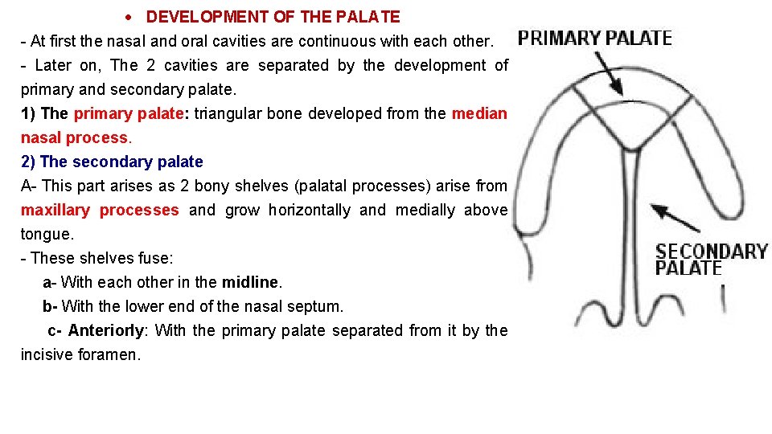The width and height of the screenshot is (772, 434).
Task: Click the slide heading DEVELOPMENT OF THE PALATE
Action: (273, 17)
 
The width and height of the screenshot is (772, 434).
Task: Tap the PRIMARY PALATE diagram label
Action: (594, 37)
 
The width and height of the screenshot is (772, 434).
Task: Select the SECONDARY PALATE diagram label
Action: (711, 260)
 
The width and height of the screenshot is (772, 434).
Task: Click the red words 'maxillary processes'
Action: (100, 210)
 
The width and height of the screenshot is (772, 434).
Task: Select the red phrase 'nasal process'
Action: (74, 137)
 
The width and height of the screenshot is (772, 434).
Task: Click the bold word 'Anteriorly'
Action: (108, 330)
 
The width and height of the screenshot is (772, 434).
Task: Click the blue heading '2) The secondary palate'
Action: (112, 162)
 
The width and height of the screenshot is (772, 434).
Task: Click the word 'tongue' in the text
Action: (45, 234)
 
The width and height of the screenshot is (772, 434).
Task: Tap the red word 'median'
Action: (479, 113)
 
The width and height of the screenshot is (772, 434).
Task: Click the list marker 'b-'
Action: (50, 306)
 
